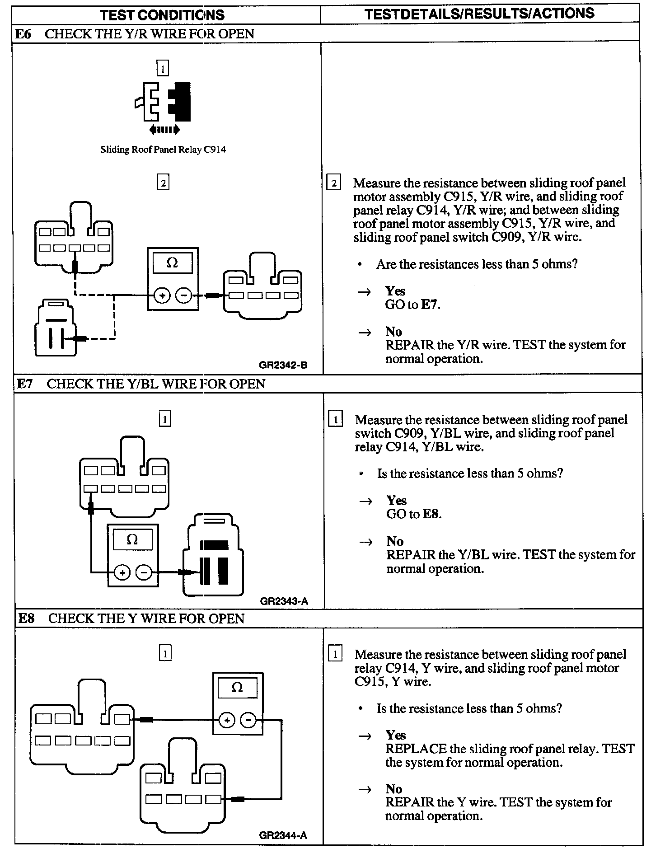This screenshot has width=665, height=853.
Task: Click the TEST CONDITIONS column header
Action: click(x=162, y=15)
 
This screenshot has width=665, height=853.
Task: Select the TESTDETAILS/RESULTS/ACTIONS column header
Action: click(x=479, y=14)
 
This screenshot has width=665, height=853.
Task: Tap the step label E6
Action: click(x=23, y=34)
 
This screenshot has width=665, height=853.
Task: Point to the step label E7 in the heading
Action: click(x=25, y=384)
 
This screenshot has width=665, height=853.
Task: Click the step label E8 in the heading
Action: click(x=27, y=618)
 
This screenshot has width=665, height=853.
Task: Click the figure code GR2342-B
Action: click(x=283, y=365)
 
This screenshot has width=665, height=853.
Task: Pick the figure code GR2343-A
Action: click(x=284, y=601)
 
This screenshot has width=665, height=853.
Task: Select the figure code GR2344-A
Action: click(x=283, y=835)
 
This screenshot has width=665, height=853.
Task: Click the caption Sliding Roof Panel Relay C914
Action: click(x=163, y=150)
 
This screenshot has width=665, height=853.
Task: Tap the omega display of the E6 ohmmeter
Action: click(x=173, y=262)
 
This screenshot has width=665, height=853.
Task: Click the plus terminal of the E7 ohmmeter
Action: click(x=122, y=573)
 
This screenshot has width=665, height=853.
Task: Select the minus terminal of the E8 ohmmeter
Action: click(x=248, y=720)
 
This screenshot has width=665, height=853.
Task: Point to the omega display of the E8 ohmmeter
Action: click(x=237, y=688)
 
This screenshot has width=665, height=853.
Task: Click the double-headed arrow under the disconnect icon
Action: click(x=164, y=130)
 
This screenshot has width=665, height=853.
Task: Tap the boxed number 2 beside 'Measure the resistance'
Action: click(x=334, y=183)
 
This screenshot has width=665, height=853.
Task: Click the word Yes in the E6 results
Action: click(x=395, y=291)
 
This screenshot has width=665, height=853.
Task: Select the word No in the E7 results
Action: click(x=395, y=541)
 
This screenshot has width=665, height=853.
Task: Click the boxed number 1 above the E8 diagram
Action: click(x=165, y=653)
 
